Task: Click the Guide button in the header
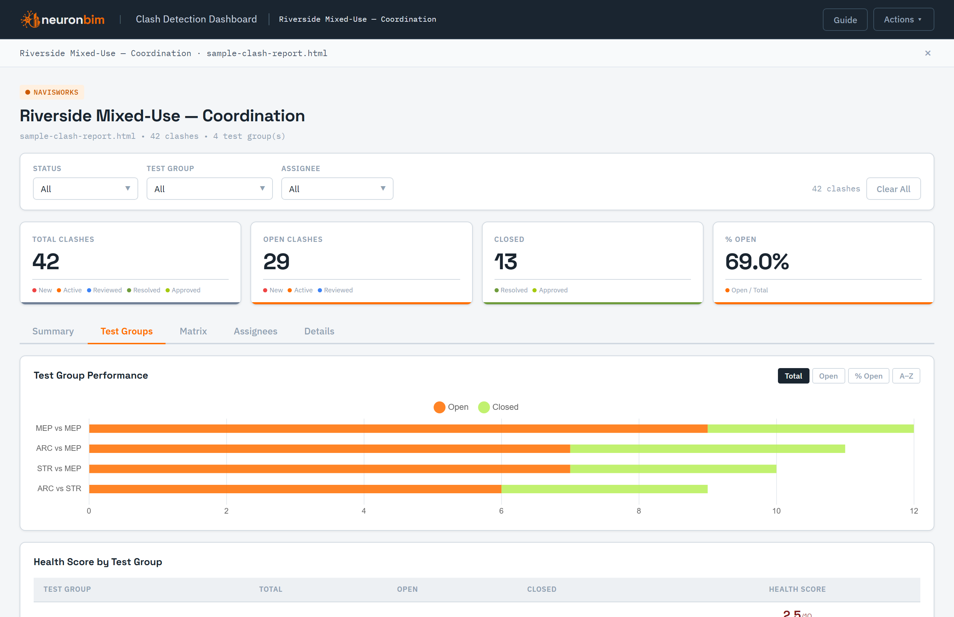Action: tap(845, 20)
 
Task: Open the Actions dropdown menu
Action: tap(903, 20)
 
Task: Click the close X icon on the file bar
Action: tap(928, 53)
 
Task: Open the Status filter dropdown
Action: tap(85, 189)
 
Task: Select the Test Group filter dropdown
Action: tap(210, 189)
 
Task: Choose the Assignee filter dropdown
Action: tap(337, 189)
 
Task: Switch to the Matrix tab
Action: tap(193, 331)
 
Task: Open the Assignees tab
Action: tap(256, 331)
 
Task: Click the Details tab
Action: tap(319, 331)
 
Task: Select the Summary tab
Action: tap(53, 331)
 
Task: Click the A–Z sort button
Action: tap(906, 376)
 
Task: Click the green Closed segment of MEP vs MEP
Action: tap(811, 429)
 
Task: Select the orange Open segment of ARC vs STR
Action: tap(295, 489)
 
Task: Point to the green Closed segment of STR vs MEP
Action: tap(673, 469)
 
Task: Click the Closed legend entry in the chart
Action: tap(498, 407)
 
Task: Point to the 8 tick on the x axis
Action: tap(639, 511)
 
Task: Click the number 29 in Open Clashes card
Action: tap(276, 262)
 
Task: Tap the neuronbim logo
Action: tap(62, 19)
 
